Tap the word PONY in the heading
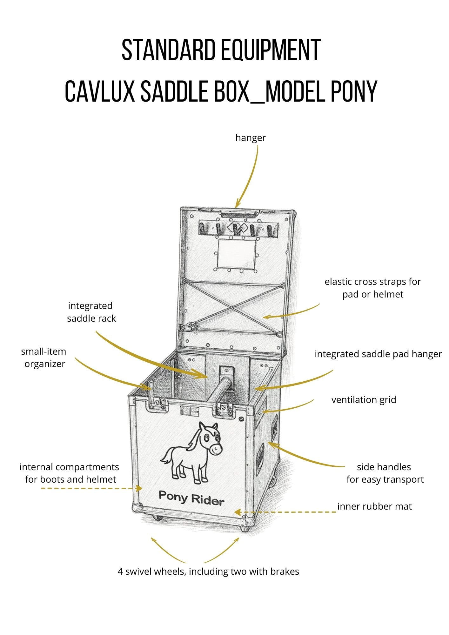coord(354,91)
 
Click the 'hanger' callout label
coord(251,138)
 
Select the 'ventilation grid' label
coord(364,399)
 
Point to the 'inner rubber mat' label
coord(374,506)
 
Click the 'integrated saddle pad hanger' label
coord(378,354)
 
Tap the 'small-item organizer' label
coord(44,358)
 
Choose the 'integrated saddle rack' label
coord(91,312)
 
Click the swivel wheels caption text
coord(208,571)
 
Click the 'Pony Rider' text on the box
coord(191,498)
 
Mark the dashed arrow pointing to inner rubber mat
coord(286,512)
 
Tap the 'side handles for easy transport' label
coord(385,473)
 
